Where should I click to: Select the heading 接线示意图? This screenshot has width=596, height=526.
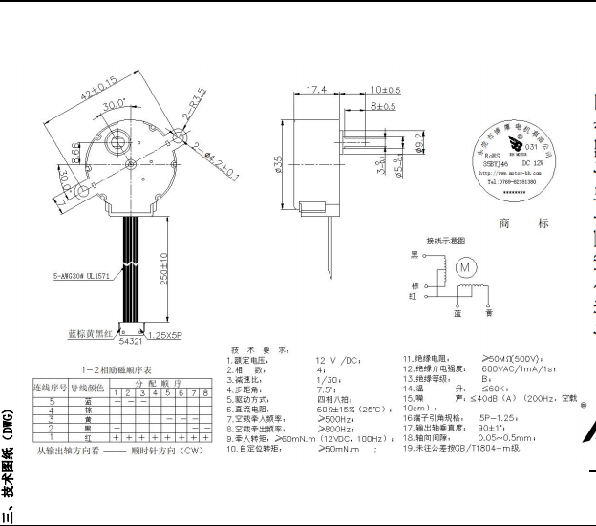(444, 240)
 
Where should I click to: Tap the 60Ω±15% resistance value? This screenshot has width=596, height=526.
(330, 410)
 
